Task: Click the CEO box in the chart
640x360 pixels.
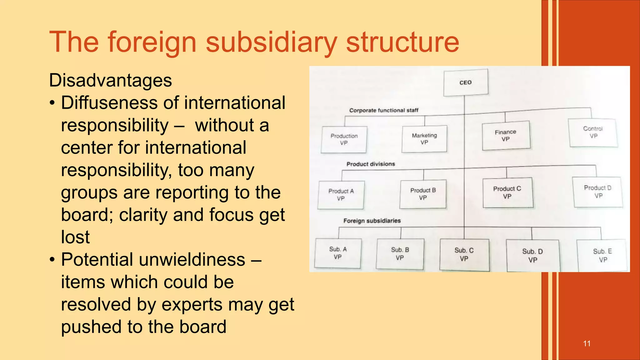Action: (x=466, y=82)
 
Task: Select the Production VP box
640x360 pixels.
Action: (x=344, y=139)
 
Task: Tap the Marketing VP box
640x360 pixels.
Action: (x=424, y=139)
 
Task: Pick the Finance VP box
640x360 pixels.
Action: (x=506, y=135)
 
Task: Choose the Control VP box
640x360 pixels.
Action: (x=593, y=132)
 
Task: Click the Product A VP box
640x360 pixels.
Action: (x=341, y=195)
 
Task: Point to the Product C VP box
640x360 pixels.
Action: (x=507, y=192)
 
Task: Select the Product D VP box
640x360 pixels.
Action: (x=597, y=192)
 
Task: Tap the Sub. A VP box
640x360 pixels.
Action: (x=338, y=253)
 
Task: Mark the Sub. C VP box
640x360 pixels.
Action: (x=464, y=254)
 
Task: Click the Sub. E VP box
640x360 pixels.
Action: (x=602, y=255)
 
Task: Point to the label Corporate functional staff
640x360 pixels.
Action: (x=384, y=110)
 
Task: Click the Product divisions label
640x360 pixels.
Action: (x=371, y=164)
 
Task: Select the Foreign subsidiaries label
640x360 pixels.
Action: (x=372, y=221)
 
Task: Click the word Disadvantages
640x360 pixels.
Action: (x=110, y=80)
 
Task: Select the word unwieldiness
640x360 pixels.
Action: (x=192, y=260)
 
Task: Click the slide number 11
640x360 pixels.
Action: (x=587, y=343)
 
